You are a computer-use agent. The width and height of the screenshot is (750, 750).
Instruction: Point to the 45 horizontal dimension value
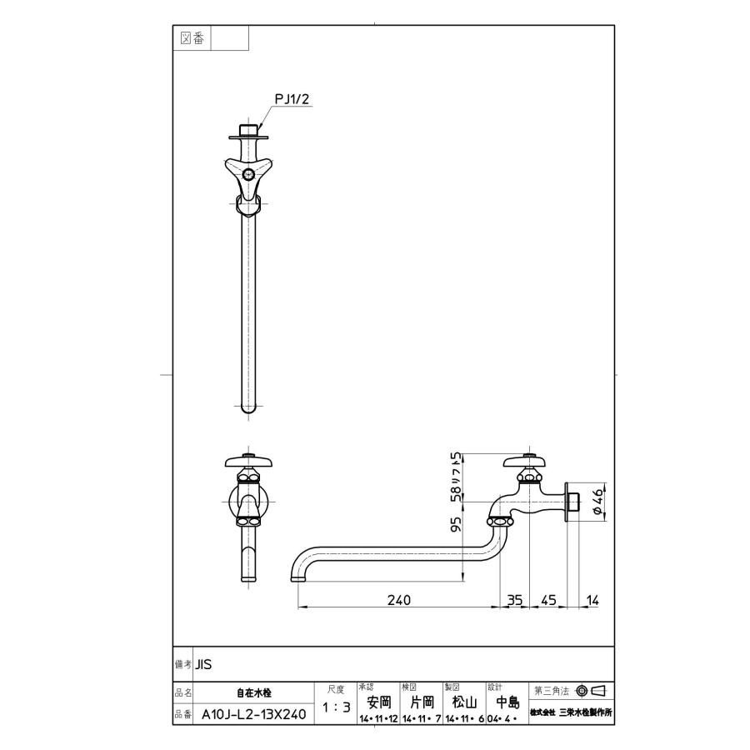(548, 599)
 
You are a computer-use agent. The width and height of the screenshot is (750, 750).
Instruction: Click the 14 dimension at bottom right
(592, 599)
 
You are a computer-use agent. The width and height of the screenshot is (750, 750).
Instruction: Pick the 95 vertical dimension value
(456, 525)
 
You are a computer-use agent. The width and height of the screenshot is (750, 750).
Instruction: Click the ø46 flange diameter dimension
(597, 502)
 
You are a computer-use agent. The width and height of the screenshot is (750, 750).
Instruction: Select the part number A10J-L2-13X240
(253, 714)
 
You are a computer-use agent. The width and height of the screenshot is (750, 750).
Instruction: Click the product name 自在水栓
(253, 692)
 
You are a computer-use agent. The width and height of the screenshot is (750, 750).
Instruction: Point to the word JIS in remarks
(204, 665)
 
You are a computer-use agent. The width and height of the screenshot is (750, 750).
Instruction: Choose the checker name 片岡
(421, 702)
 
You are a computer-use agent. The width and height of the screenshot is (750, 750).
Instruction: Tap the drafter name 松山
(463, 702)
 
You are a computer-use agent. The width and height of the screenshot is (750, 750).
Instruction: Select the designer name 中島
(507, 702)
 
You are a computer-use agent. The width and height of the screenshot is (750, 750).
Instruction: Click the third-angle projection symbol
(591, 691)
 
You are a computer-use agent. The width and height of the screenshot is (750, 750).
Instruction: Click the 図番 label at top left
(192, 38)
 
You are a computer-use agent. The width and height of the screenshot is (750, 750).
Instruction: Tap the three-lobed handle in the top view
(247, 172)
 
